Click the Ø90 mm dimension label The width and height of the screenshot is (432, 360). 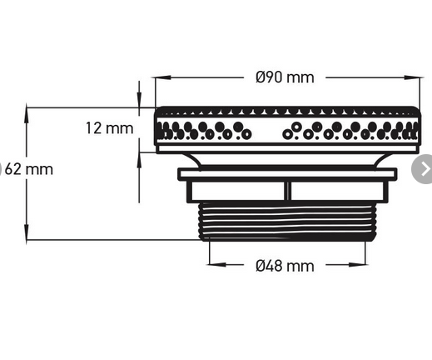(285, 77)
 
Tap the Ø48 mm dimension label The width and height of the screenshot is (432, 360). (285, 266)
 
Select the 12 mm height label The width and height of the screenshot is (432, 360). (109, 128)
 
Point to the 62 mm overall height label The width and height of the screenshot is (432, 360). (27, 169)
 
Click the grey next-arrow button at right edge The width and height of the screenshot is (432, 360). (423, 169)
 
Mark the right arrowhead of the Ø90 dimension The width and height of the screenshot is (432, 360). (416, 77)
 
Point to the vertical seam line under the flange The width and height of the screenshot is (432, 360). (286, 191)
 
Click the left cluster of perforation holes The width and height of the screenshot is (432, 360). (205, 131)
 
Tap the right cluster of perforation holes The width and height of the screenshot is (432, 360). (350, 131)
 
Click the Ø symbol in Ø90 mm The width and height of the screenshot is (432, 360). (261, 77)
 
